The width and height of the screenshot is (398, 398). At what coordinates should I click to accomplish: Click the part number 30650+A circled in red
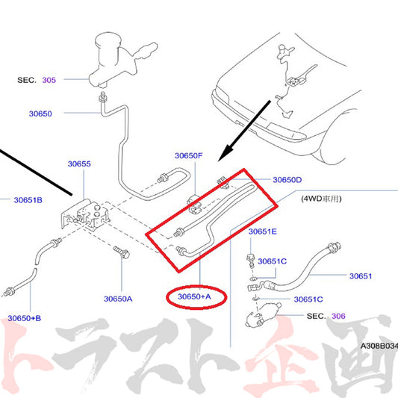pyautogui.click(x=194, y=296)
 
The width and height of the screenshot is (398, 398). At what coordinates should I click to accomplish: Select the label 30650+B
pyautogui.click(x=25, y=318)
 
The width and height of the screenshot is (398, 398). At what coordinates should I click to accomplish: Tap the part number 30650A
pyautogui.click(x=118, y=299)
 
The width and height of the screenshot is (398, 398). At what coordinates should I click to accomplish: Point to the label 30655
pyautogui.click(x=79, y=164)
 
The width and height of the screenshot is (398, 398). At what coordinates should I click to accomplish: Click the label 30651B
pyautogui.click(x=28, y=200)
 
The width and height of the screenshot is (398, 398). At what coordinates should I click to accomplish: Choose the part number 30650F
pyautogui.click(x=189, y=155)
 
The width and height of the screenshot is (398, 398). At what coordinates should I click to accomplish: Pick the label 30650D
pyautogui.click(x=287, y=180)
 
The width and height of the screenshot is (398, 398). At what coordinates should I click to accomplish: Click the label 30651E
pyautogui.click(x=263, y=231)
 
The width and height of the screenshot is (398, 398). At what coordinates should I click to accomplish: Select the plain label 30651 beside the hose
pyautogui.click(x=361, y=276)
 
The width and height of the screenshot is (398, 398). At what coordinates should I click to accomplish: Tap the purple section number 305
pyautogui.click(x=49, y=80)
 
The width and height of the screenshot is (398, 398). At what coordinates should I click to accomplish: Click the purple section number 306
pyautogui.click(x=338, y=316)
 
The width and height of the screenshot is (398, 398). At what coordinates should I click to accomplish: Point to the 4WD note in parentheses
pyautogui.click(x=321, y=199)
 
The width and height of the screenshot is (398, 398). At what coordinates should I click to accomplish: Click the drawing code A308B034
pyautogui.click(x=379, y=346)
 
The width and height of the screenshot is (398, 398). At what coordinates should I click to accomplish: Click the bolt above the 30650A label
pyautogui.click(x=121, y=252)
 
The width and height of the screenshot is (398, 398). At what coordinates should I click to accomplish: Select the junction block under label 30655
pyautogui.click(x=87, y=214)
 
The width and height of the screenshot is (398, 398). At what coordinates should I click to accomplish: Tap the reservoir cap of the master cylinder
pyautogui.click(x=108, y=40)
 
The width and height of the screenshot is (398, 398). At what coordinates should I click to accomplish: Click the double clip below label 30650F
pyautogui.click(x=194, y=205)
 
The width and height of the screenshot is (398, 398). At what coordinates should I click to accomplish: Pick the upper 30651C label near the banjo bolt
pyautogui.click(x=273, y=261)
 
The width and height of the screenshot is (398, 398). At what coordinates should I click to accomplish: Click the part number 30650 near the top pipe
pyautogui.click(x=40, y=114)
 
